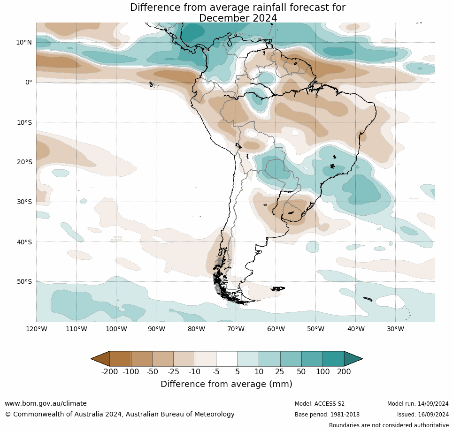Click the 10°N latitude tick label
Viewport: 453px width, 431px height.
tap(24, 42)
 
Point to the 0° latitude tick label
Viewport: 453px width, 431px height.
tap(29, 82)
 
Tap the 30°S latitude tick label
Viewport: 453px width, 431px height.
tap(24, 202)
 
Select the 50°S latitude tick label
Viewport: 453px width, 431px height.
tap(24, 281)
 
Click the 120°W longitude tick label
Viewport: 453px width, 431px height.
tap(37, 329)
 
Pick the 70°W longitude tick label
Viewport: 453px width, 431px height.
tap(236, 329)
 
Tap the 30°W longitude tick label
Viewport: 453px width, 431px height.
tap(396, 329)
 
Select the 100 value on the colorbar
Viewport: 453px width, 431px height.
tap(322, 372)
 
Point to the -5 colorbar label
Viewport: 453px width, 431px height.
tap(216, 372)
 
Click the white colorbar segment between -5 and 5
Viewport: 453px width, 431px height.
tap(227, 359)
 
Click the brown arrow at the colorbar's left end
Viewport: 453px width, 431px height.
tap(100, 359)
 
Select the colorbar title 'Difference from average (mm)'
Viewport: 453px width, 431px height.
tap(226, 384)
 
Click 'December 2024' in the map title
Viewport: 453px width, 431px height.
tap(238, 18)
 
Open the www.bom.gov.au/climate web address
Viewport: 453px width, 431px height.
tap(46, 403)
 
